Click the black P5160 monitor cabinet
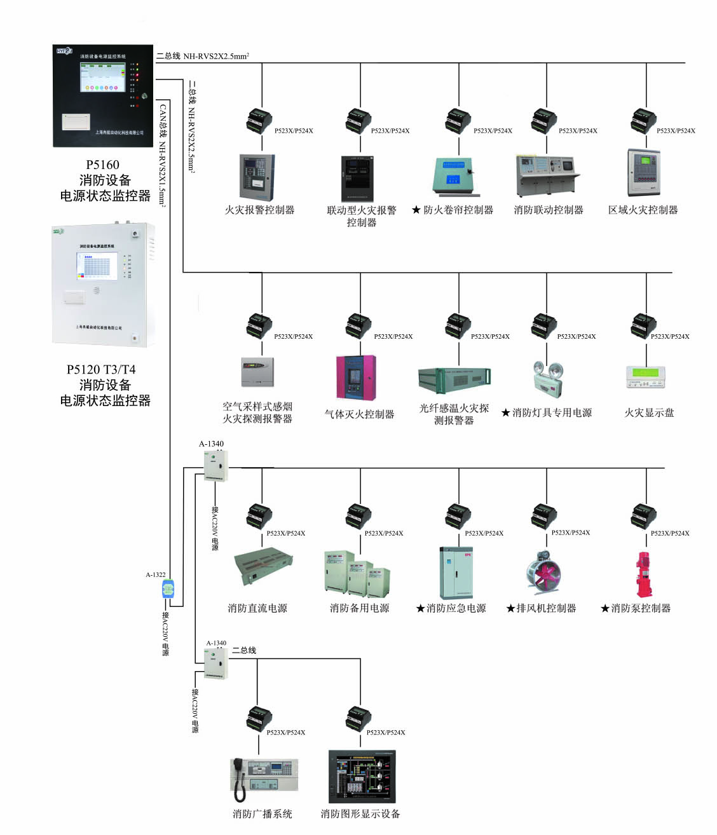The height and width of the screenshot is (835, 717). click(x=102, y=95)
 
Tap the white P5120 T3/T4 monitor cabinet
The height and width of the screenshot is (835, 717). click(x=104, y=284)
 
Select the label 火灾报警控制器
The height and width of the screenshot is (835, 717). click(x=259, y=210)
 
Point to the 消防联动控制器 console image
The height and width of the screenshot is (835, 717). click(x=547, y=175)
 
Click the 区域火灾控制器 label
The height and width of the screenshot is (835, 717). click(x=643, y=210)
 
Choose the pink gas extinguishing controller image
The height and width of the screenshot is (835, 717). click(x=356, y=377)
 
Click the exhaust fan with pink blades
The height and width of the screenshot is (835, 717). click(x=543, y=573)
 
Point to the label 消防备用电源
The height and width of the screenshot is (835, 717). click(x=359, y=608)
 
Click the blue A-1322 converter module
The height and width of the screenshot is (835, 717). click(x=168, y=590)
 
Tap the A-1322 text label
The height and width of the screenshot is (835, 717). click(x=156, y=574)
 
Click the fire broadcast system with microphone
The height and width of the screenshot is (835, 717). click(x=264, y=778)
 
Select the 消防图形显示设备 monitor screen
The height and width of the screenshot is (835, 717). click(x=361, y=776)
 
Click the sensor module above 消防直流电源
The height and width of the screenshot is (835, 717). click(x=259, y=516)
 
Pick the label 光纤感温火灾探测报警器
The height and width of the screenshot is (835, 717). click(x=454, y=414)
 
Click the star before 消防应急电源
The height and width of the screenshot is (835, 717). click(x=420, y=608)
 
